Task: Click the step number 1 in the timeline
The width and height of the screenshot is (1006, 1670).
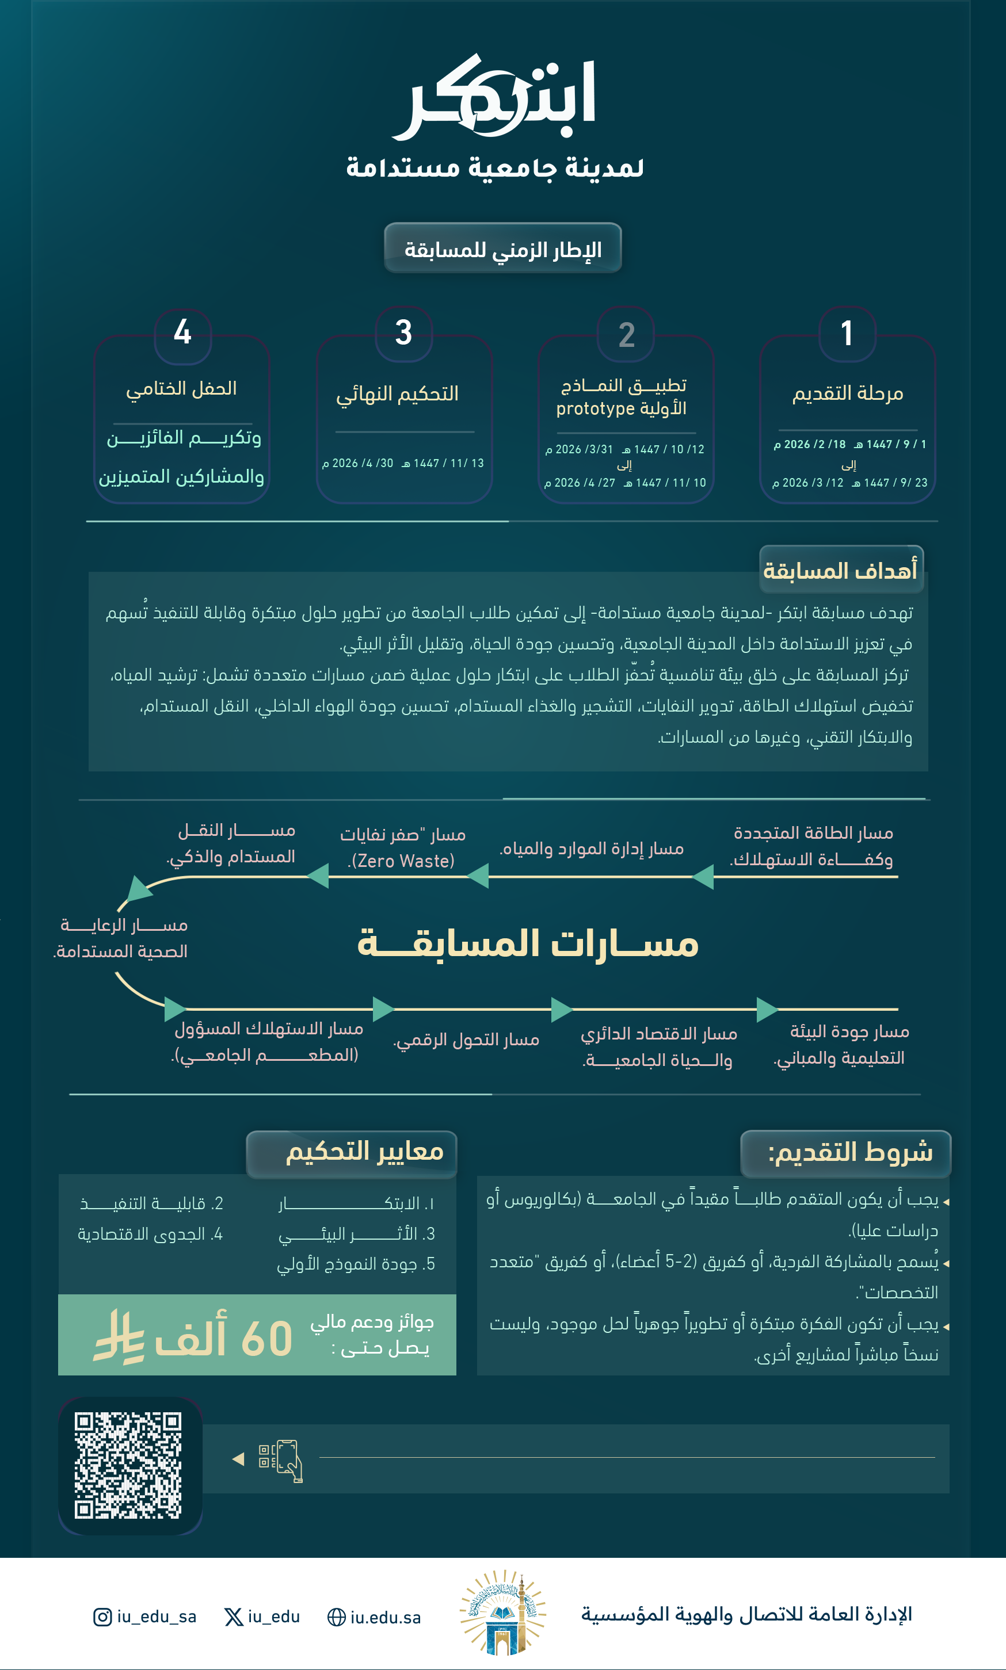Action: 847,333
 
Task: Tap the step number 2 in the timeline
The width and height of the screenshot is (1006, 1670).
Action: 626,335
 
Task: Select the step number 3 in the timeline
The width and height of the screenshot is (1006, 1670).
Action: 404,333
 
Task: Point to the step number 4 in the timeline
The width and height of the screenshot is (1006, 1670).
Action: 182,332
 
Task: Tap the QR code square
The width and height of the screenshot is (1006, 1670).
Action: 128,1465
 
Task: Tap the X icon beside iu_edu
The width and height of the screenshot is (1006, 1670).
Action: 234,1617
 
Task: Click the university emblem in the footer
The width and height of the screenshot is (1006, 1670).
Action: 502,1612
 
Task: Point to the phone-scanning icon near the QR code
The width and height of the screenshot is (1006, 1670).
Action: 281,1460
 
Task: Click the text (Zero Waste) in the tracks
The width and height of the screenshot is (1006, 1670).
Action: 401,861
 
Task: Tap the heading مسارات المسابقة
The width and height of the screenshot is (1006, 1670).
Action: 527,943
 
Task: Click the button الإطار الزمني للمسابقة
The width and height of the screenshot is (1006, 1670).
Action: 502,249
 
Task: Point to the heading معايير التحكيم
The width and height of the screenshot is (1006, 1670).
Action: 364,1151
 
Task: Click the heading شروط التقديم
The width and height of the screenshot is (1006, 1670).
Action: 849,1152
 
